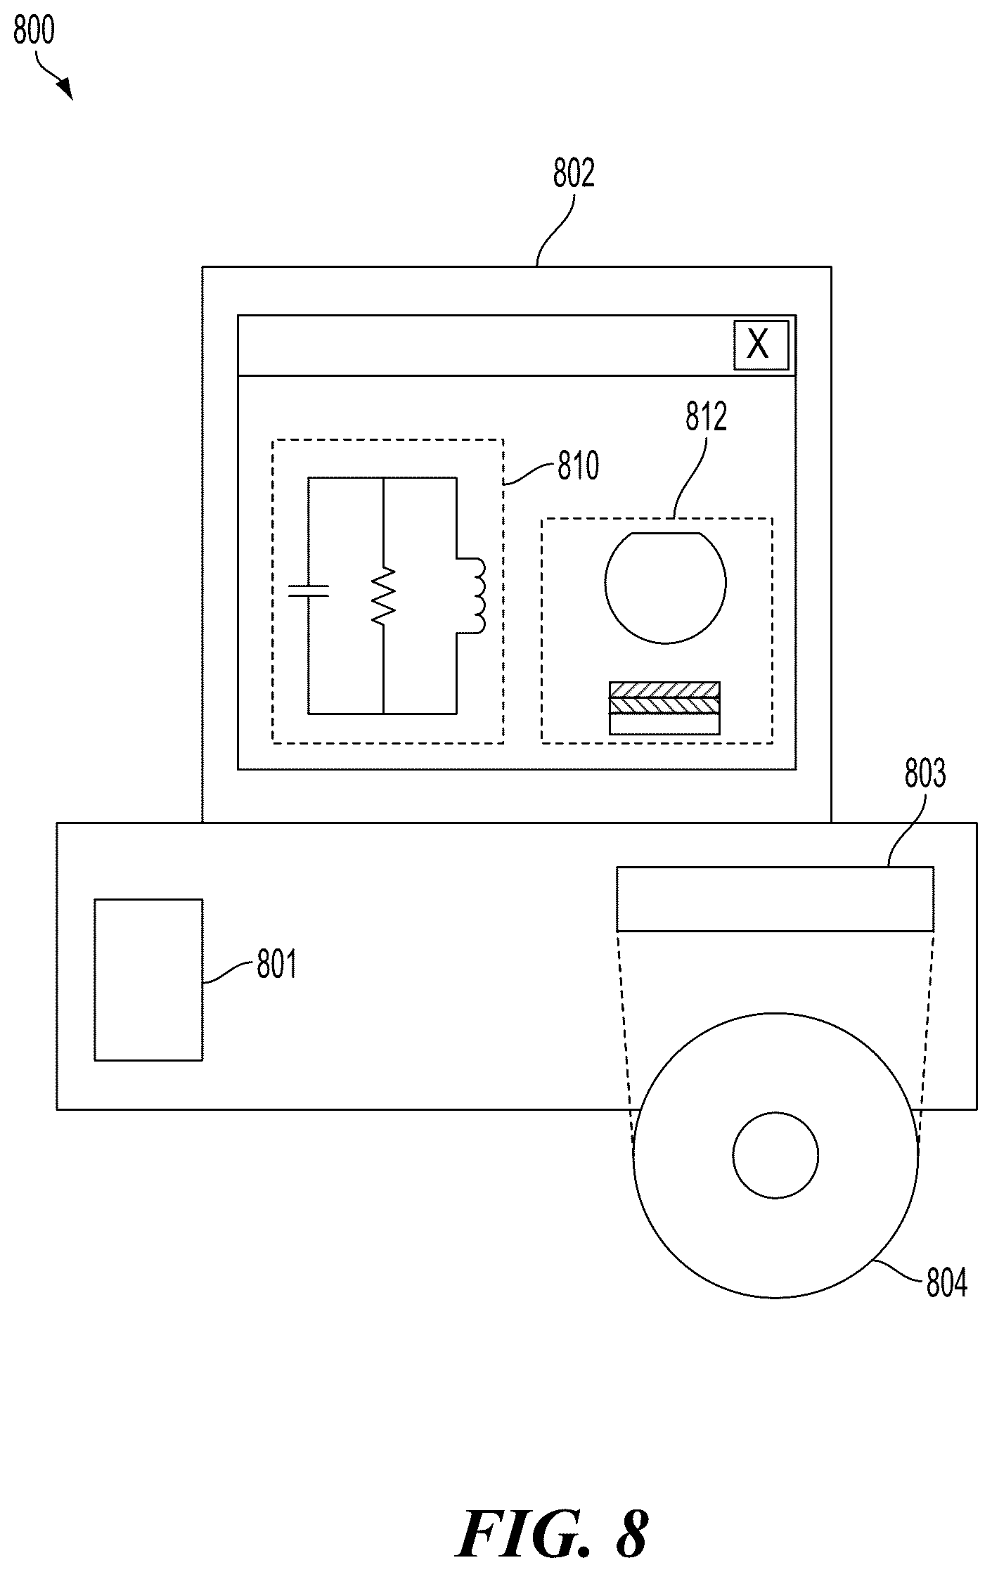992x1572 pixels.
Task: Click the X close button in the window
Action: pyautogui.click(x=761, y=344)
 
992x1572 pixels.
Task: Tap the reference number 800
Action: pyautogui.click(x=33, y=32)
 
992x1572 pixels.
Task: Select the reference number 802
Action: pyautogui.click(x=574, y=173)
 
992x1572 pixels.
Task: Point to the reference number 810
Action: pyautogui.click(x=578, y=466)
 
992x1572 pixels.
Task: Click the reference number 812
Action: pyautogui.click(x=707, y=417)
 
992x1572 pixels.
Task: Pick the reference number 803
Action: pyautogui.click(x=925, y=774)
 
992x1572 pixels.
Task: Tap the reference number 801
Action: pyautogui.click(x=277, y=965)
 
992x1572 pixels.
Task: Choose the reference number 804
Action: pyautogui.click(x=947, y=1282)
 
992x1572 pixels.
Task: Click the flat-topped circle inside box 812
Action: pyautogui.click(x=666, y=587)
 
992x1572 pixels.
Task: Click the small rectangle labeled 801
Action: pyautogui.click(x=148, y=979)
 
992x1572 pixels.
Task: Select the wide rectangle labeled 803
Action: pyautogui.click(x=775, y=899)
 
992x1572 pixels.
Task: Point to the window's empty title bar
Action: pyautogui.click(x=485, y=345)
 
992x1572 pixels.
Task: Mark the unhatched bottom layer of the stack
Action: pyautogui.click(x=664, y=724)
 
